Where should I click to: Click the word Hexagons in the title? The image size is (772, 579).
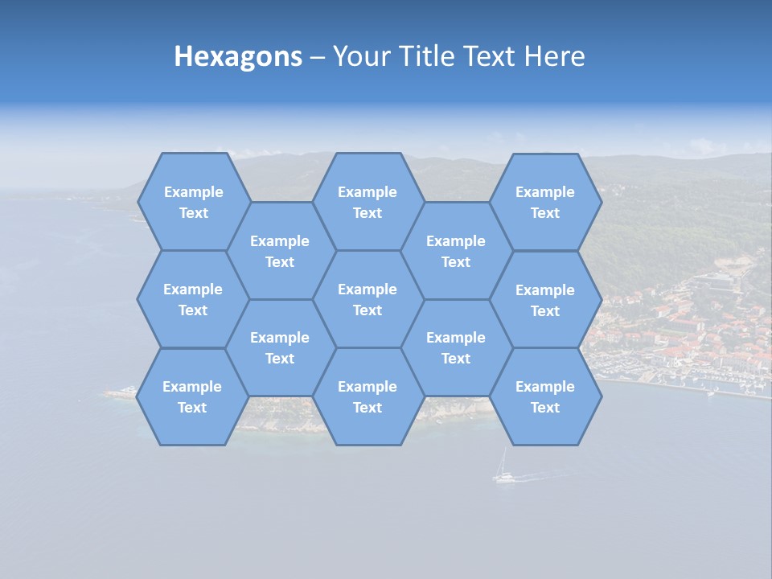(238, 57)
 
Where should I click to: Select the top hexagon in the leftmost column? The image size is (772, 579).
(193, 202)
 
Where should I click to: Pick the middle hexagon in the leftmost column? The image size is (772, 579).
(193, 299)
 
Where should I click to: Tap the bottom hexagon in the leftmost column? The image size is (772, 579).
(192, 396)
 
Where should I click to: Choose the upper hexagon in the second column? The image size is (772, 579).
(280, 251)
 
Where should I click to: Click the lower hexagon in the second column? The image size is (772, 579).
(280, 347)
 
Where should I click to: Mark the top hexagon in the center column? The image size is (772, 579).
(368, 202)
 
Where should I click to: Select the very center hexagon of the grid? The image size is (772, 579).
(368, 299)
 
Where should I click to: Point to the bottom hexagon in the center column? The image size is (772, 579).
(368, 396)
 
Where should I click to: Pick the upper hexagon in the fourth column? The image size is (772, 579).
(456, 251)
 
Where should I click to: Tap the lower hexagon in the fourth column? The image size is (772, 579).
(456, 347)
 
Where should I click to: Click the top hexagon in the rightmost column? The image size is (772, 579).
(545, 202)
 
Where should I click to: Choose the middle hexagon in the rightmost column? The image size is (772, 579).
(545, 300)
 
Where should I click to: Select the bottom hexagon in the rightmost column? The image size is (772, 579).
(545, 396)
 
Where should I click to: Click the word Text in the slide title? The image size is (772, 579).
(492, 57)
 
